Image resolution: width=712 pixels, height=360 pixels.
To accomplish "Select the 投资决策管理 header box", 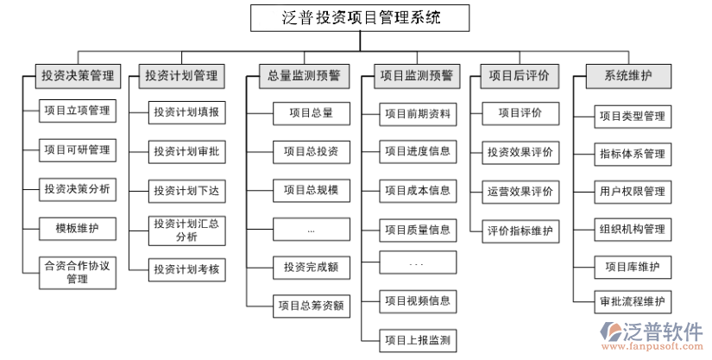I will [78, 76].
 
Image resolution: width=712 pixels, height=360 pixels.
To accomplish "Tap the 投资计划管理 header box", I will [181, 76].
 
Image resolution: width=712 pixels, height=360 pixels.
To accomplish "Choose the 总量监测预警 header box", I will [304, 76].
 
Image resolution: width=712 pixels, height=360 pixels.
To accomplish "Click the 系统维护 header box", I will [629, 76].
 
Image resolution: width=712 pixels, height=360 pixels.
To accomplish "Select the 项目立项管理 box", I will [78, 111].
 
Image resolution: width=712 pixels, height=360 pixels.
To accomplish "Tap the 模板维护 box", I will [78, 229].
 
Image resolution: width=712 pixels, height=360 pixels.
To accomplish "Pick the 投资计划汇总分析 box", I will [186, 231].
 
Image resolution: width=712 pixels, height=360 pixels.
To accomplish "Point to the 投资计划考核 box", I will [186, 270].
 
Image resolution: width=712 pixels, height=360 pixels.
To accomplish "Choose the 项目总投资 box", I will [312, 152].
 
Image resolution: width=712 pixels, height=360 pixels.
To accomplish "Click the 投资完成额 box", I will [312, 267].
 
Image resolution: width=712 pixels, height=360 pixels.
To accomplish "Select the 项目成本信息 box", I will [418, 190].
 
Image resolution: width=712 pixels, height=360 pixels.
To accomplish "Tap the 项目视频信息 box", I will [418, 300].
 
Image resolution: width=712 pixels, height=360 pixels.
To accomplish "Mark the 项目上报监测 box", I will [418, 339].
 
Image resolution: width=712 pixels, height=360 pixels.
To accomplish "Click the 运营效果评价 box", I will [520, 191].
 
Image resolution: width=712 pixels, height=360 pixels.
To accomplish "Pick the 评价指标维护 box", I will [520, 231].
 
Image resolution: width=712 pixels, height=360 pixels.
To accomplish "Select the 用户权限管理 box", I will [633, 191].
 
